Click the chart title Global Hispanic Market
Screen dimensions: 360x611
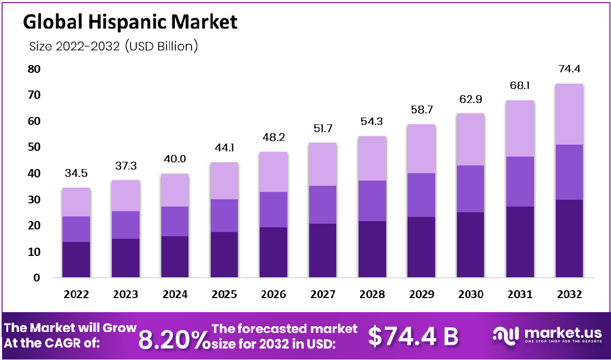click(x=130, y=21)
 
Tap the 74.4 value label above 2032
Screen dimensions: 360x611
click(x=569, y=69)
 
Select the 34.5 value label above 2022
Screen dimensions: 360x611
click(x=77, y=173)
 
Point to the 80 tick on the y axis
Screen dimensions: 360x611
click(x=34, y=69)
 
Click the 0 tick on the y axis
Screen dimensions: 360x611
click(x=37, y=278)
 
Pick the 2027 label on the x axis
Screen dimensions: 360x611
click(x=323, y=294)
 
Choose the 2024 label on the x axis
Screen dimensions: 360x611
click(x=175, y=294)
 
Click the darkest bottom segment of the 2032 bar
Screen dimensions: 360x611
click(x=569, y=238)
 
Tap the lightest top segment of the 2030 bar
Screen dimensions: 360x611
click(x=470, y=139)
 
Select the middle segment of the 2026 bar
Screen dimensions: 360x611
click(x=274, y=210)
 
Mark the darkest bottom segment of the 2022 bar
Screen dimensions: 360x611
click(x=77, y=259)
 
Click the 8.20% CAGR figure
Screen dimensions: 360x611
click(x=172, y=339)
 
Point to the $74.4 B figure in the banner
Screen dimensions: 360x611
click(x=413, y=336)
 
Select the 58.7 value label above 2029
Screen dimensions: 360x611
click(x=422, y=110)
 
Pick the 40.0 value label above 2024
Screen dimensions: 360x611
click(x=175, y=159)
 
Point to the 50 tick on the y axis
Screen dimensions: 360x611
click(x=34, y=147)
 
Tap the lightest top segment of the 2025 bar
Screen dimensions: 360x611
click(x=224, y=181)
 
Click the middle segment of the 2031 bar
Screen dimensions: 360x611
click(x=520, y=182)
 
